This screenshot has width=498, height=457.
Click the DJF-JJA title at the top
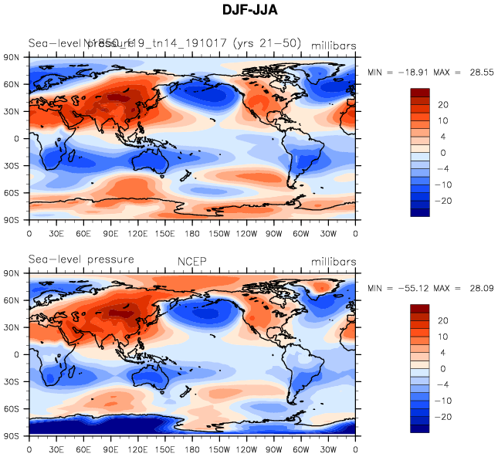pyautogui.click(x=248, y=12)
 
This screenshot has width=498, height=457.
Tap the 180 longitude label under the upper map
pyautogui.click(x=192, y=233)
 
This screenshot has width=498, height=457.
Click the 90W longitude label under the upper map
pyautogui.click(x=274, y=233)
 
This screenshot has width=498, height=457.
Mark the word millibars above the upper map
pyautogui.click(x=334, y=46)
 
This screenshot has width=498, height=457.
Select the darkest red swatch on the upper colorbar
pyautogui.click(x=419, y=93)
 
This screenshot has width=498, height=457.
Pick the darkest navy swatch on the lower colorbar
pyautogui.click(x=419, y=428)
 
